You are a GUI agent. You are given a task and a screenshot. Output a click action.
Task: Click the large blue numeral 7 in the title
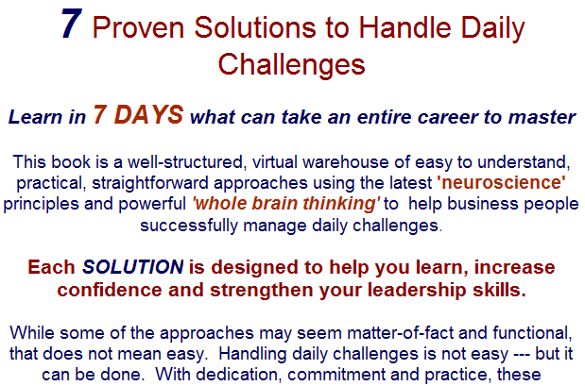point(72,23)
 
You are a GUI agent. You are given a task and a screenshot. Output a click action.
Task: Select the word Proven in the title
point(138,27)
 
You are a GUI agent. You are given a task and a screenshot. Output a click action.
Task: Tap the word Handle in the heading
point(405,27)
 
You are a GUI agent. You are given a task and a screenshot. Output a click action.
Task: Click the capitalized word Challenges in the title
point(291,64)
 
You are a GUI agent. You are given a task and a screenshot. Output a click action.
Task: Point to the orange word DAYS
point(148,114)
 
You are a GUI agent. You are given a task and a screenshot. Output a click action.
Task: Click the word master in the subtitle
point(542,117)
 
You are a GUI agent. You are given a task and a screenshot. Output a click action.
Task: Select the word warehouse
point(346,162)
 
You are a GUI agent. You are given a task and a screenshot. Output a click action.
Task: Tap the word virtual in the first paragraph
point(275,162)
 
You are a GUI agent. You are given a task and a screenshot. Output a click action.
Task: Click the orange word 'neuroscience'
point(501,182)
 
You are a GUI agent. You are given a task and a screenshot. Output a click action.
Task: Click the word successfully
point(189,226)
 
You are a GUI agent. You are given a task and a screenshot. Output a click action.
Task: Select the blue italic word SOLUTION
point(133,267)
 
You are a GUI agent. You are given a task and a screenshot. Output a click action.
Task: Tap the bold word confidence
point(110,290)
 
